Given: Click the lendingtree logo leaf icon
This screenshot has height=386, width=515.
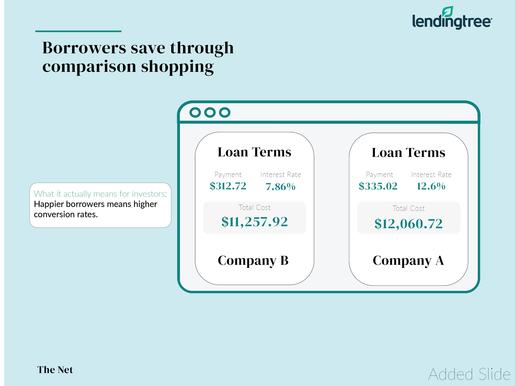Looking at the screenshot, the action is tap(447, 12).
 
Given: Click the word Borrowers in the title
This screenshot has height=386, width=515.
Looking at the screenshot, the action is tap(84, 48).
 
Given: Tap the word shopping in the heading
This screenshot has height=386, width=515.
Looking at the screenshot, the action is tap(177, 67).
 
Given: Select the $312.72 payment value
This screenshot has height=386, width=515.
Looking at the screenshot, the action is tap(228, 186).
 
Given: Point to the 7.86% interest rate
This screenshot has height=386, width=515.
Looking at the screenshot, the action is tap(281, 187).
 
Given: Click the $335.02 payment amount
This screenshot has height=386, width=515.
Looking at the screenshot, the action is tap(378, 186).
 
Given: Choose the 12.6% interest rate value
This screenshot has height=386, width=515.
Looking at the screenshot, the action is tap(431, 186).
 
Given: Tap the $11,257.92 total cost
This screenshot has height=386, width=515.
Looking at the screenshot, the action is tap(255, 222).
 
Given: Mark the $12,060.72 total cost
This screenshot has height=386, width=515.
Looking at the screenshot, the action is tap(408, 224).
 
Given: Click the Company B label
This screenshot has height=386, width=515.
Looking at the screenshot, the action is tap(253, 261).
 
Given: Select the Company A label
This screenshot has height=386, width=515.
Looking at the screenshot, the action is tap(408, 261).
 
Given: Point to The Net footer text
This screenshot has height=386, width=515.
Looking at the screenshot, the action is tap(55, 370).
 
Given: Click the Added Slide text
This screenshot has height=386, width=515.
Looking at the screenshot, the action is tap(469, 374).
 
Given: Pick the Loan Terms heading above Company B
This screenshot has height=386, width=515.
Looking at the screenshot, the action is tap(255, 152).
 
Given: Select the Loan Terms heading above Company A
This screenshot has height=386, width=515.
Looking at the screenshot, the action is tap(408, 152).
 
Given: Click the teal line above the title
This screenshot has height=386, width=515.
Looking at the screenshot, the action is tap(78, 31).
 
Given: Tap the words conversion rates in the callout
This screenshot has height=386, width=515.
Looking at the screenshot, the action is tap(66, 215).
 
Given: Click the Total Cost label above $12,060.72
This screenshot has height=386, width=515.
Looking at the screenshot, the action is tap(408, 208).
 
